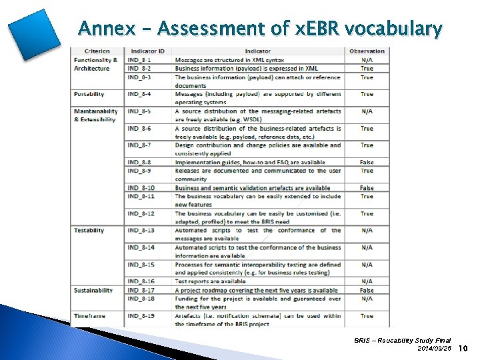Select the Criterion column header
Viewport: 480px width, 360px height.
click(97, 51)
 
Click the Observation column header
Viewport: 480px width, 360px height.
click(367, 51)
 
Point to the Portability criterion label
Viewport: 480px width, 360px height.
click(89, 94)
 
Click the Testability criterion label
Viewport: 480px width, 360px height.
click(89, 231)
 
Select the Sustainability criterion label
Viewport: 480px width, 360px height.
click(93, 291)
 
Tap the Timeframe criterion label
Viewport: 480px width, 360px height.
click(89, 316)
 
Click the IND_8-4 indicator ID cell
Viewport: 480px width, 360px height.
click(139, 94)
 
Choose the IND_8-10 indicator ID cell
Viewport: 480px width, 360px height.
click(141, 188)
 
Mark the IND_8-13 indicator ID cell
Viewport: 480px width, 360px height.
click(141, 231)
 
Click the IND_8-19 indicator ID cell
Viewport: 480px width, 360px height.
click(141, 316)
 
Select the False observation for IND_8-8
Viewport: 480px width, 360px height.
click(367, 162)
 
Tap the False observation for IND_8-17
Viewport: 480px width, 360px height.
click(367, 291)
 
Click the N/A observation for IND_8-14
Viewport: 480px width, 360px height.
click(367, 247)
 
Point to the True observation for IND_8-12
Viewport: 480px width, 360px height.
click(367, 213)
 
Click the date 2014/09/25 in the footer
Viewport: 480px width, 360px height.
click(434, 349)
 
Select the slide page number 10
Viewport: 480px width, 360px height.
click(464, 348)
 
